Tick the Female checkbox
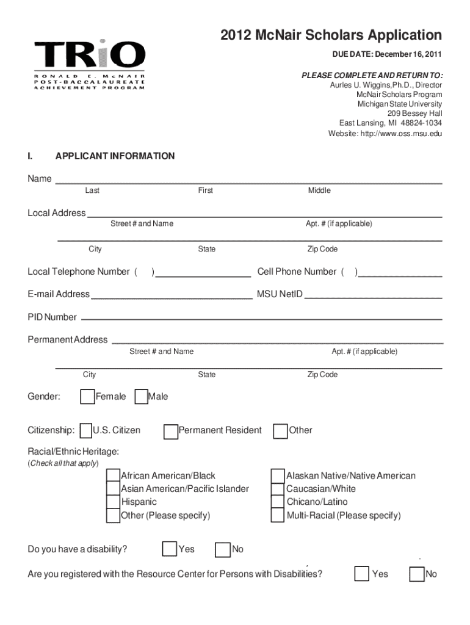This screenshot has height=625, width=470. [87, 397]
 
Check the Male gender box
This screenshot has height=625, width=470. [140, 397]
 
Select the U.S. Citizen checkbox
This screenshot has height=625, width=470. [85, 431]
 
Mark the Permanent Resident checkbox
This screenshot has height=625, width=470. [170, 432]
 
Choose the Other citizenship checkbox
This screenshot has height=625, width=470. [281, 431]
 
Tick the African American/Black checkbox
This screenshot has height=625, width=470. [113, 476]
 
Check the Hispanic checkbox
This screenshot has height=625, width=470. [113, 502]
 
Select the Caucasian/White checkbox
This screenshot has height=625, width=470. [278, 489]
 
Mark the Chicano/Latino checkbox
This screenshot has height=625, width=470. [278, 502]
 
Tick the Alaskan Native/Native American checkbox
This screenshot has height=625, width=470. [278, 476]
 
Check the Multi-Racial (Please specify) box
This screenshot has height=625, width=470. [278, 516]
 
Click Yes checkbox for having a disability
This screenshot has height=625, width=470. [169, 549]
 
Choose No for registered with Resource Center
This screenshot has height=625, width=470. [418, 574]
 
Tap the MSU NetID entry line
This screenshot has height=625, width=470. [373, 297]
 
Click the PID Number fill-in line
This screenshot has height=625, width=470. [261, 318]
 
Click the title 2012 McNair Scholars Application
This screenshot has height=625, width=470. [331, 35]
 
